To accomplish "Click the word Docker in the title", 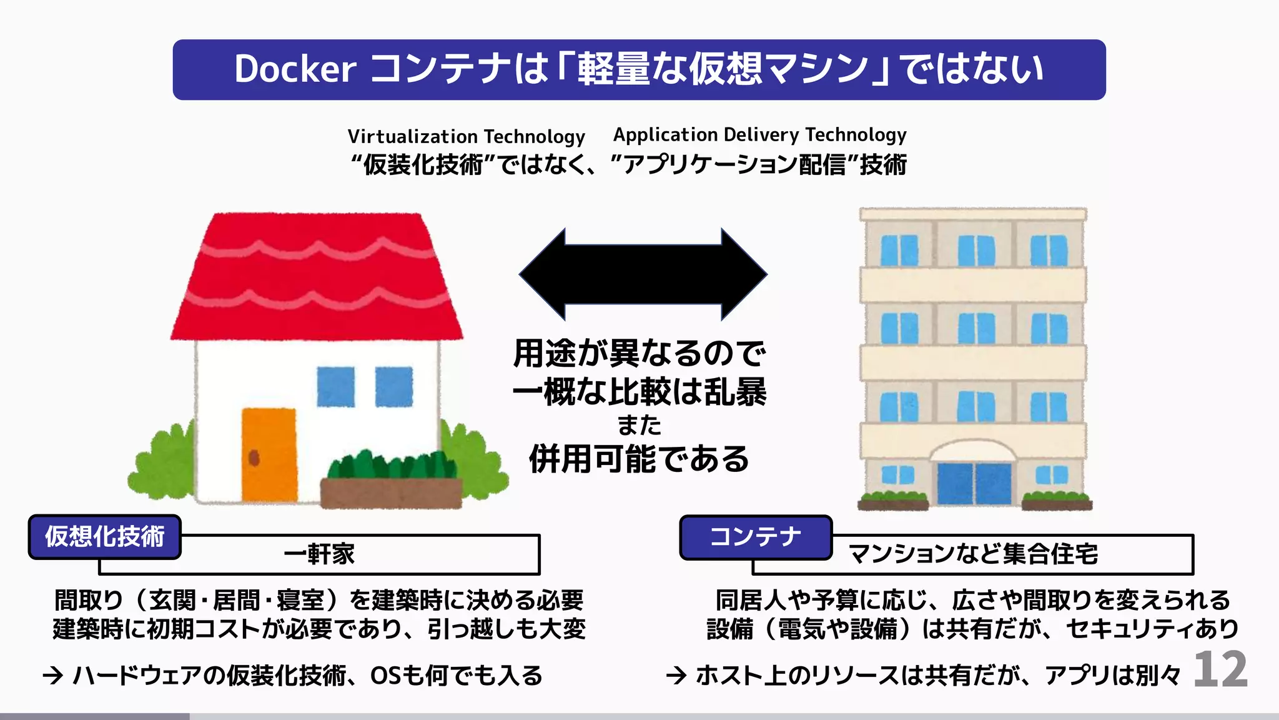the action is [295, 69].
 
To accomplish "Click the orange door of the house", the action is [269, 454].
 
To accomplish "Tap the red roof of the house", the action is [317, 275].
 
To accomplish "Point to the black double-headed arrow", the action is [643, 274].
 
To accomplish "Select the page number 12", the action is [1220, 670].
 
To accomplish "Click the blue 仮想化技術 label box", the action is [105, 537].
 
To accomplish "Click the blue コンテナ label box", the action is [756, 537].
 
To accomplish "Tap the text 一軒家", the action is [319, 554].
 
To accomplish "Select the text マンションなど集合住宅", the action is [972, 554].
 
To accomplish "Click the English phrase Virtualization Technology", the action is [466, 136].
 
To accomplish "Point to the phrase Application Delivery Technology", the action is [759, 134].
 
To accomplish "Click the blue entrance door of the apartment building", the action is [974, 483].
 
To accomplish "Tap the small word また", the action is [639, 425].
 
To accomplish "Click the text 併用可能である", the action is [639, 459].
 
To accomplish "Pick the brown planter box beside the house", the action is [391, 493].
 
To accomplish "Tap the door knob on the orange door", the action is [254, 458].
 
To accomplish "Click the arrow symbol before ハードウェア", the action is [53, 676].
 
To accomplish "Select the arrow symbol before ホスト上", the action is [676, 676].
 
